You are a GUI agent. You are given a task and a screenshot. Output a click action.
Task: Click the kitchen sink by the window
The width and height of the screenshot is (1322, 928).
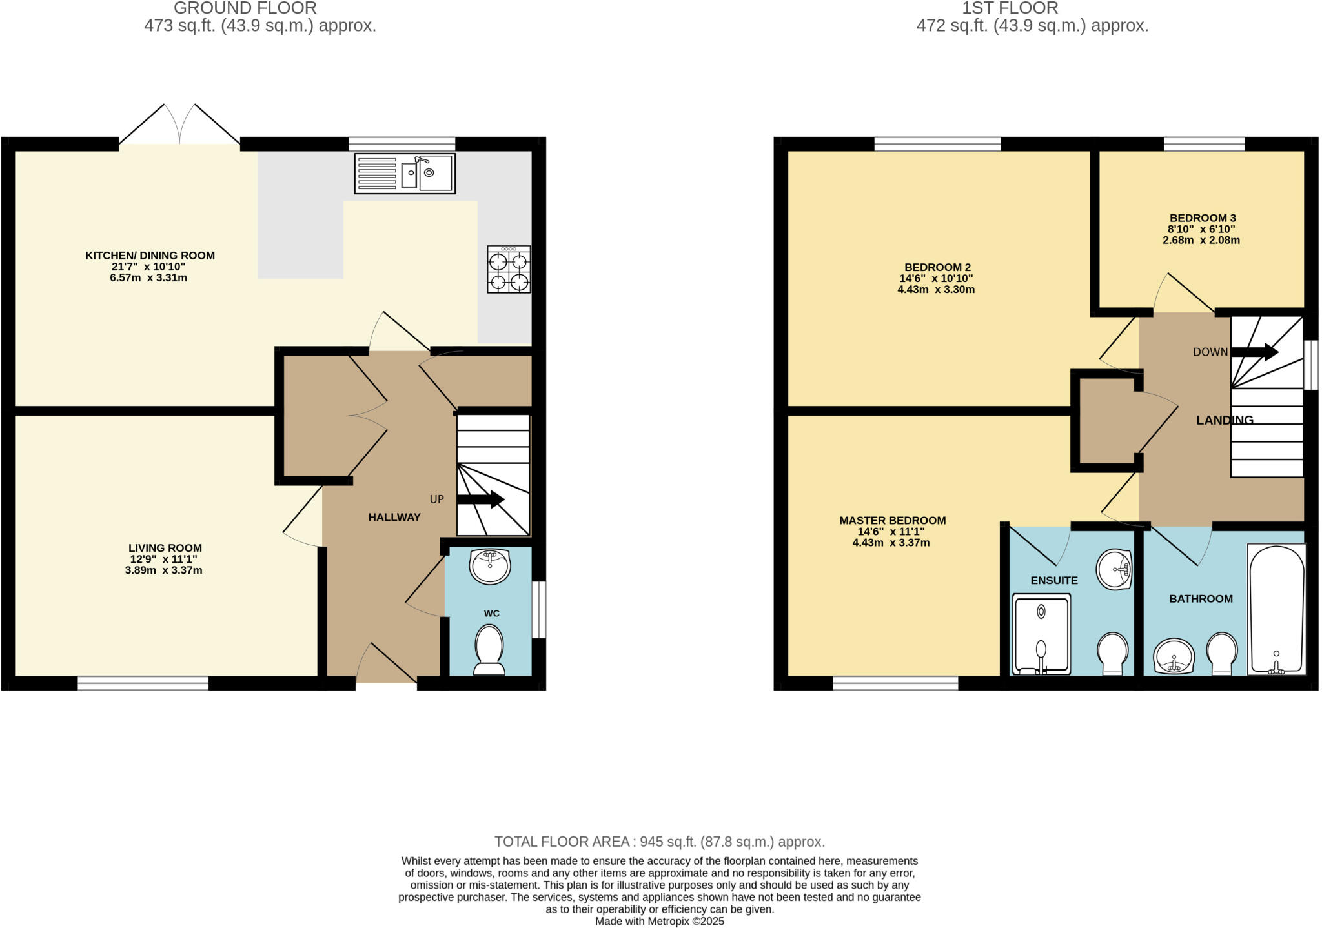(x=405, y=173)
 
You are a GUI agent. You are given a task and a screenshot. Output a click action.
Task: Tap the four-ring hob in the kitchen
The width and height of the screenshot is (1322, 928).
(x=509, y=270)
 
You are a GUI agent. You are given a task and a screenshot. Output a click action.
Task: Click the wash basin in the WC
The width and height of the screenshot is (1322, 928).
(x=491, y=566)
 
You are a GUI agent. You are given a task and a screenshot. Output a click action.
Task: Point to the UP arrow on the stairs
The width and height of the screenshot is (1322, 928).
(x=480, y=499)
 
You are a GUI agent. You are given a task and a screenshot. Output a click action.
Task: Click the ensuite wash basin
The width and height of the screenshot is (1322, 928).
(x=1115, y=569)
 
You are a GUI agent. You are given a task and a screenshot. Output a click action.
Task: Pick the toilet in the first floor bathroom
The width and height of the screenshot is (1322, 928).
(x=1222, y=652)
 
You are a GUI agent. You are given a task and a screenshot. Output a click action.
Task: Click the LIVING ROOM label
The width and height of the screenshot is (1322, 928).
(x=165, y=548)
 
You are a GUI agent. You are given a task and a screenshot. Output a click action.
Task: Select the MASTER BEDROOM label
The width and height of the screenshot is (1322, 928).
(x=892, y=520)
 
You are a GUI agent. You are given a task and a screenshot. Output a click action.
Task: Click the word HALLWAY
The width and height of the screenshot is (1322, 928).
(x=394, y=517)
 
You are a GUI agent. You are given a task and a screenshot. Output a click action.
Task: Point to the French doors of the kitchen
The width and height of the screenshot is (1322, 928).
(x=179, y=126)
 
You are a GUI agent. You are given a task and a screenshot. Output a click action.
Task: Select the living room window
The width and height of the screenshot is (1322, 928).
(x=143, y=683)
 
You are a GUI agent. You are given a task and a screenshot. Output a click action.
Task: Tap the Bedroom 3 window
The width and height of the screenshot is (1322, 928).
(x=1204, y=144)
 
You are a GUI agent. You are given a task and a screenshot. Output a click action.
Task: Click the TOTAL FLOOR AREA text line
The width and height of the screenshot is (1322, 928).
(x=659, y=842)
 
